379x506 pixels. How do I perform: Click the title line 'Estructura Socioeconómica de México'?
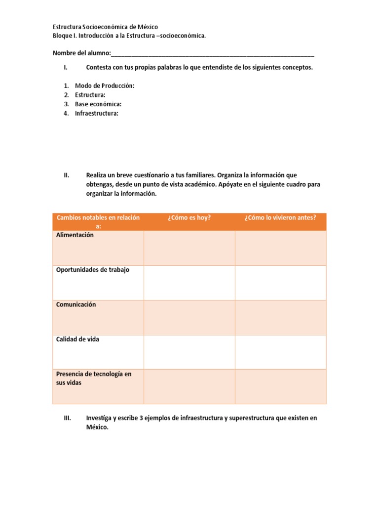[105, 27]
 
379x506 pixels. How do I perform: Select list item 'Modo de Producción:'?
[105, 85]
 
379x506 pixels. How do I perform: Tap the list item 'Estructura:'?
[90, 95]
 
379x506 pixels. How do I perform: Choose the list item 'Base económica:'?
[98, 104]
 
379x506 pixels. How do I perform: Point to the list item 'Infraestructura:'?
[97, 114]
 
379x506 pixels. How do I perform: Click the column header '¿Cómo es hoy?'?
[189, 217]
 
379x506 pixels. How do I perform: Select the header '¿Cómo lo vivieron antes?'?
[280, 217]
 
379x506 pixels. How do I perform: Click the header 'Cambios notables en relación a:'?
[98, 222]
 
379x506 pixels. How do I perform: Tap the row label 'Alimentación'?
[75, 235]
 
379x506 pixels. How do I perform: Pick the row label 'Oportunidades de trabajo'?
[93, 270]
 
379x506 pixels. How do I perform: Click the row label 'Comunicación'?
[76, 304]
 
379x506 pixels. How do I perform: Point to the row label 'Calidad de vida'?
[77, 339]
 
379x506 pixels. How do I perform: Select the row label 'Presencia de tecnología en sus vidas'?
[93, 379]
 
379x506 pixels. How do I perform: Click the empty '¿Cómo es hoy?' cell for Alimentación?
[189, 248]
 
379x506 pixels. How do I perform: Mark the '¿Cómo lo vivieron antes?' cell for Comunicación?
[280, 317]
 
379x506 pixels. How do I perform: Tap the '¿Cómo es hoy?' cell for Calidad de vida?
[189, 352]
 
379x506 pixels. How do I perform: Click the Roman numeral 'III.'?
[69, 418]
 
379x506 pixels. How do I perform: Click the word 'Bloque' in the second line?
[62, 36]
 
